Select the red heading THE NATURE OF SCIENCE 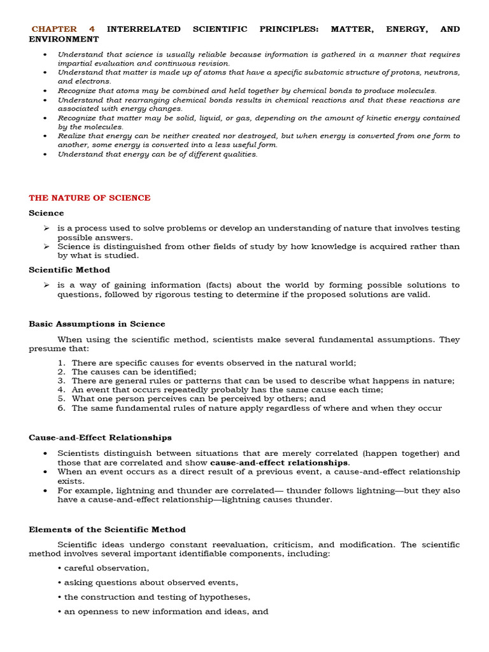[x=90, y=198]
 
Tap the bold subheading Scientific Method [x=69, y=270]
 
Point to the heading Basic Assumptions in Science [x=97, y=324]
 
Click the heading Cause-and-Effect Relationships [x=100, y=437]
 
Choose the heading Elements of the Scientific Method [x=107, y=530]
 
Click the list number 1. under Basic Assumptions [x=61, y=363]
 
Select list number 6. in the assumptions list [x=61, y=408]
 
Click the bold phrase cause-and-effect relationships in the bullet [x=279, y=462]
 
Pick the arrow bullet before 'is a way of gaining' [x=46, y=285]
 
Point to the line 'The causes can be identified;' [x=134, y=372]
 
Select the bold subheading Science [x=46, y=213]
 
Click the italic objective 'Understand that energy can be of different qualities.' [x=157, y=154]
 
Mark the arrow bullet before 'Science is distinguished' [x=46, y=246]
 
